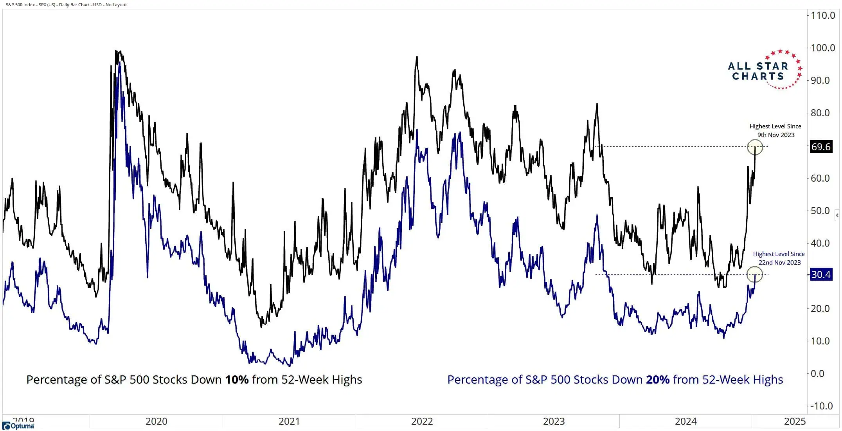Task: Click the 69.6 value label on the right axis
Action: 820,147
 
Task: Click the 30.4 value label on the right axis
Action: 820,274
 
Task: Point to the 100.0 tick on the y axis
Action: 822,48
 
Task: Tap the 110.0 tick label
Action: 822,15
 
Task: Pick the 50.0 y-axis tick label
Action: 822,211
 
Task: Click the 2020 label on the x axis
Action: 156,421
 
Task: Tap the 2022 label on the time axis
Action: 422,421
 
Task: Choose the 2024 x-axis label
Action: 685,421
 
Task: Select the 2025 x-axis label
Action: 795,421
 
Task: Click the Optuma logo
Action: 18,426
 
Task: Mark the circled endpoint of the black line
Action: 755,147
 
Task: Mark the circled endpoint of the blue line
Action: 755,274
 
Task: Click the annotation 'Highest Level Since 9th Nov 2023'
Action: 775,131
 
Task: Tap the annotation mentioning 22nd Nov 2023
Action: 779,258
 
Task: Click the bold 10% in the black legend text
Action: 237,380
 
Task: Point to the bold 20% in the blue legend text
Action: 658,380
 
